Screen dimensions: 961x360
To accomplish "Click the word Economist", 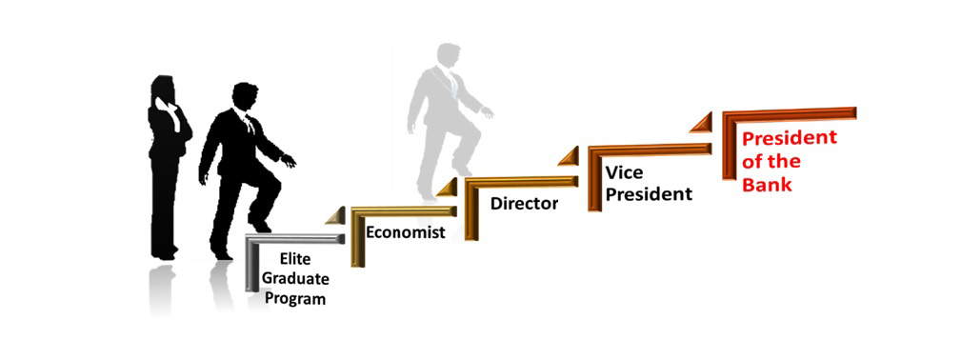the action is [405, 232].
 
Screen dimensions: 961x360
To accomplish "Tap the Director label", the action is [524, 204].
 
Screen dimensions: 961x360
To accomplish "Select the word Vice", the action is [625, 172].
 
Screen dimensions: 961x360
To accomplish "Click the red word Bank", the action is [767, 184].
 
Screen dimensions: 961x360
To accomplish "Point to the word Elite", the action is [295, 259].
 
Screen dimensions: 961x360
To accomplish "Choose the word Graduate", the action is [295, 279].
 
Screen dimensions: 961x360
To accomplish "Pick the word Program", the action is [293, 299].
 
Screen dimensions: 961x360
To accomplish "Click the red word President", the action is [790, 137].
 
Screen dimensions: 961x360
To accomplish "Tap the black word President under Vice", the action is [649, 194].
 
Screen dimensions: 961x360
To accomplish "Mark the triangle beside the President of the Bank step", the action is [703, 123].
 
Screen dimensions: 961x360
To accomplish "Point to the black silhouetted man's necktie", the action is [250, 125].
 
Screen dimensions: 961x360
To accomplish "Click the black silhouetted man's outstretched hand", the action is [288, 161].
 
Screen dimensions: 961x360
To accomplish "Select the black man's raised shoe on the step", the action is [259, 223].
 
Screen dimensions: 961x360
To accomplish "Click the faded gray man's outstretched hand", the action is [488, 112].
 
